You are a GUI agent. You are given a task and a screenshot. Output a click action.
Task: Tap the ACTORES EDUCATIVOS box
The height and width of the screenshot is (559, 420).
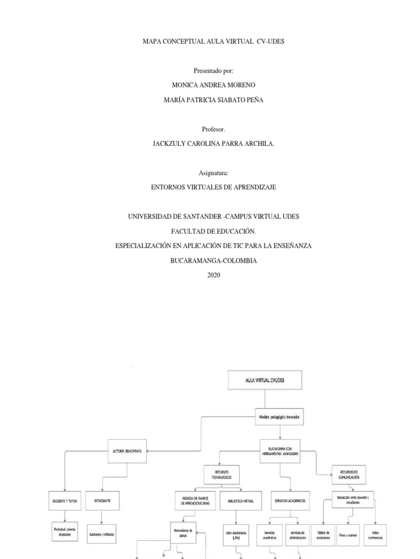point(127,451)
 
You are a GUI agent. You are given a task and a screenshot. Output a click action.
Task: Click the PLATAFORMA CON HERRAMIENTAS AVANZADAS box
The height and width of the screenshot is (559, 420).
point(280,451)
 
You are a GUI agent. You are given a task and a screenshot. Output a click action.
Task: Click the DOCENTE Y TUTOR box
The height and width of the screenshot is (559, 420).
point(65,500)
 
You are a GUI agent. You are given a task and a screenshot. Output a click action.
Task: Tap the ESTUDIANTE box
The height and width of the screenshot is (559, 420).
point(102,500)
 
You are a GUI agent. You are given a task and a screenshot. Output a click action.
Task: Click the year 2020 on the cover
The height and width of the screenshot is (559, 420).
point(214,275)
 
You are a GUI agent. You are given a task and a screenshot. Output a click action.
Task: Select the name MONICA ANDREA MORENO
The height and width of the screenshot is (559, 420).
point(213,86)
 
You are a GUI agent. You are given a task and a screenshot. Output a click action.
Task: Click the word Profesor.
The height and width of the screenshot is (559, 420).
point(213,129)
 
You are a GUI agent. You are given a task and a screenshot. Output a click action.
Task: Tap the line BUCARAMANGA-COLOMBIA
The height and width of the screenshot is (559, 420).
point(213,261)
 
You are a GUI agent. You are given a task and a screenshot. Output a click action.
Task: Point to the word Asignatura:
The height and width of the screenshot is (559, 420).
point(213,173)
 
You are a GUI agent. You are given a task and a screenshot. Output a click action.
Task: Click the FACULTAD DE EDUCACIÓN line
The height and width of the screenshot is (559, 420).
point(213,231)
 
